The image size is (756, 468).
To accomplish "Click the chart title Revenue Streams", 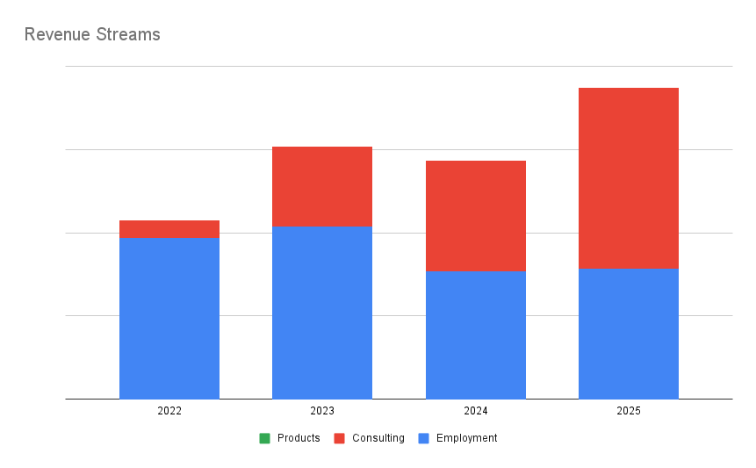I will point(92,35).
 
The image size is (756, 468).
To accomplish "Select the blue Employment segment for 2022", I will point(169,318).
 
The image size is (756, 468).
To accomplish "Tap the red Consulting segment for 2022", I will point(169,229).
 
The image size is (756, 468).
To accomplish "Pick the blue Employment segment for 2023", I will point(322,312).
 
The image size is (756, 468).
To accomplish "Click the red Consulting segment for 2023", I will point(322,186).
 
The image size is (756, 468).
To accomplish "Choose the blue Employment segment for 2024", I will point(476,335).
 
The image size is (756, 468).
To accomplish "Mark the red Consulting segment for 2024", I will point(476,216).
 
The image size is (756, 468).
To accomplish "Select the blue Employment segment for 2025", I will point(629,333).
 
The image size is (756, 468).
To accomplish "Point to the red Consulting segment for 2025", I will point(629,177).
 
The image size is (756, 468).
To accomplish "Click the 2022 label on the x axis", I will point(169,411).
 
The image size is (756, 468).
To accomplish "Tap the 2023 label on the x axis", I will point(322,411).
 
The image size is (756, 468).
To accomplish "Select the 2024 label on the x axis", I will point(476,411).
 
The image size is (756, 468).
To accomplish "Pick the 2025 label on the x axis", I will point(629,411).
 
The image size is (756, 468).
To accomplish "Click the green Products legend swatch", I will point(264,438).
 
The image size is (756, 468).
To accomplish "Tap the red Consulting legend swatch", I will point(339,438).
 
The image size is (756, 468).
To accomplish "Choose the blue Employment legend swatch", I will point(423,438).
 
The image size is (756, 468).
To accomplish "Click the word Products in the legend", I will point(299,438).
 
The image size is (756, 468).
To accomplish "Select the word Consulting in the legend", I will point(378,438).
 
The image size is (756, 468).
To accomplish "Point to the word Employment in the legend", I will point(466,438).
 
